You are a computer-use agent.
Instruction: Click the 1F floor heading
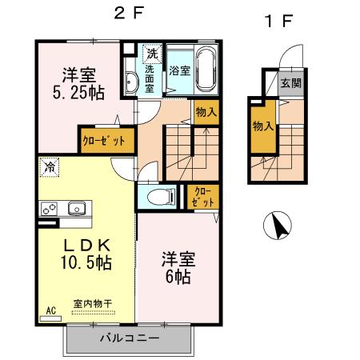[275, 20]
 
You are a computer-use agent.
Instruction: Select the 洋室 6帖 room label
[177, 269]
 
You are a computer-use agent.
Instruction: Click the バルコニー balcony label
[129, 338]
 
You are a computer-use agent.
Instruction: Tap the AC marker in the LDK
[50, 310]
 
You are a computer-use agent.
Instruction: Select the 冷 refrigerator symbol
[50, 168]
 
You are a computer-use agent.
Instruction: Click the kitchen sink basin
[78, 209]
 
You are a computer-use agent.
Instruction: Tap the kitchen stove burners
[50, 209]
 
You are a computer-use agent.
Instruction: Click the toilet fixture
[157, 196]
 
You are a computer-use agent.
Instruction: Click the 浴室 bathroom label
[178, 70]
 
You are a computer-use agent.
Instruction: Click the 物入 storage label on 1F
[262, 126]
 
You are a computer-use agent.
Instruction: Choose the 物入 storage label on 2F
[205, 111]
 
